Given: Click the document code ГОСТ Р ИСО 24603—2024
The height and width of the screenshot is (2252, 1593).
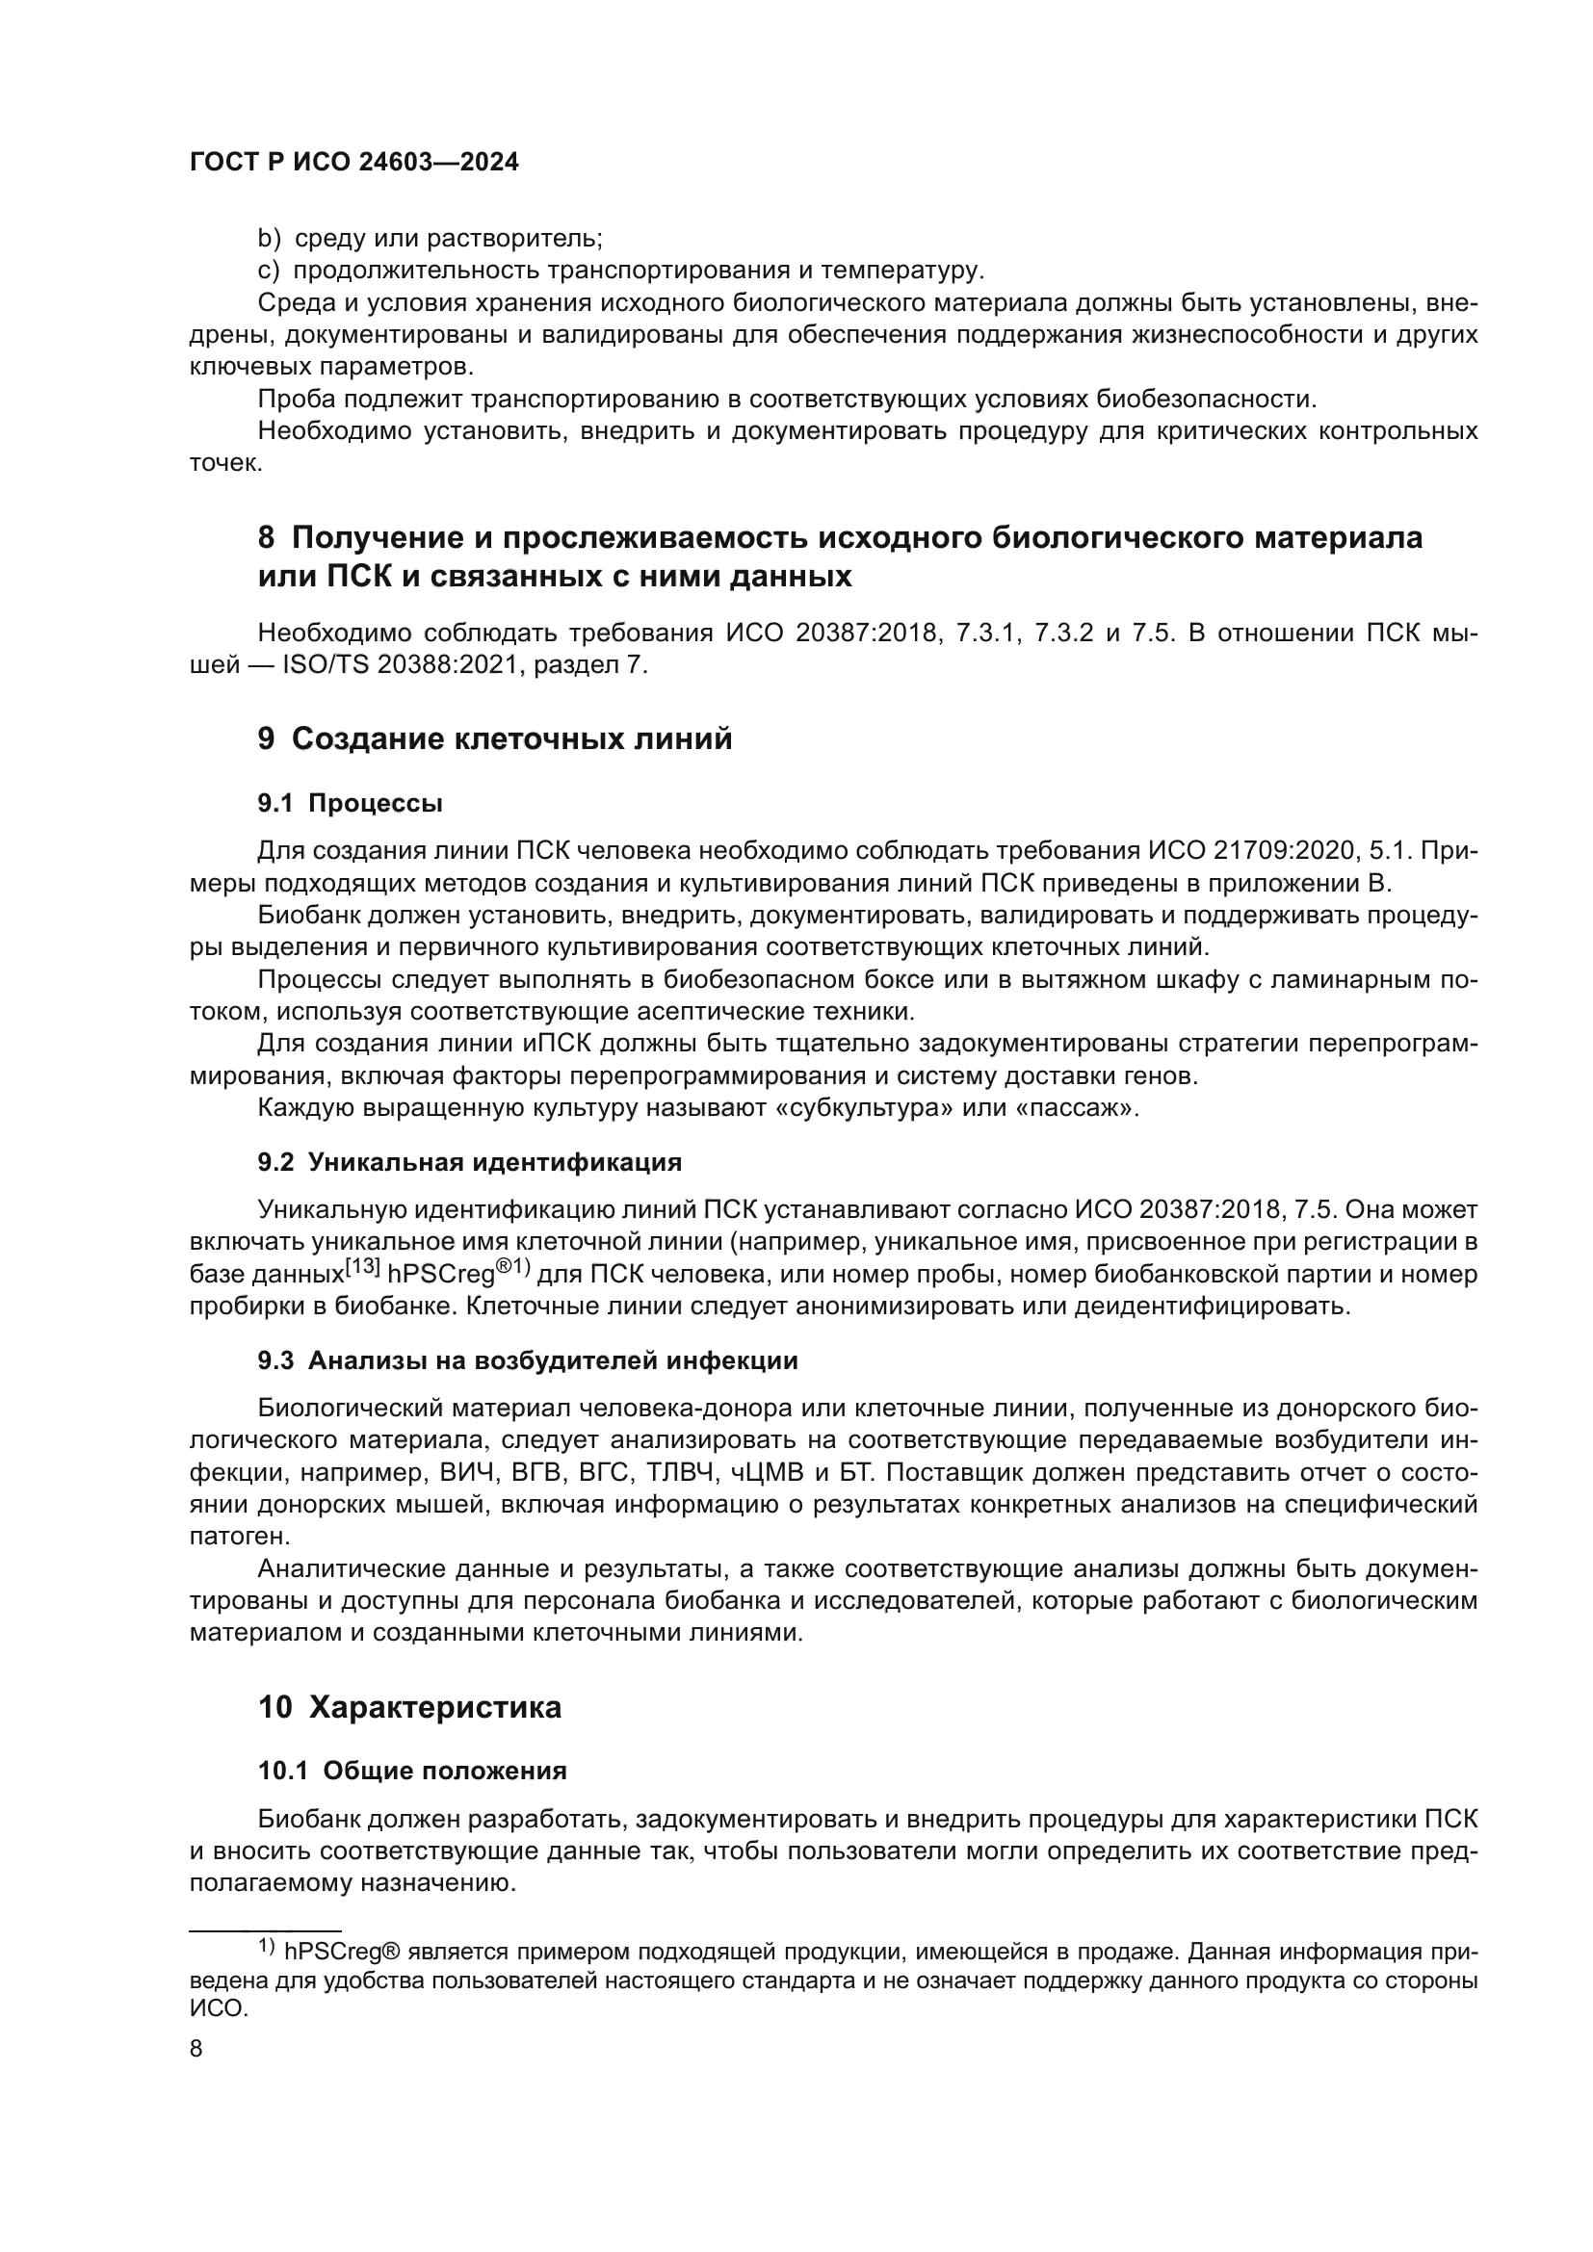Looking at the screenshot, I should [353, 163].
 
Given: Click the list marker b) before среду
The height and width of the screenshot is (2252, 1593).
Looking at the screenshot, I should [269, 239].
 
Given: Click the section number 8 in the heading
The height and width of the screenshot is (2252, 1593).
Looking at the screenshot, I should [267, 537].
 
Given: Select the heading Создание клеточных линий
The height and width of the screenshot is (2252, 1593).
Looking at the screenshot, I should [511, 738].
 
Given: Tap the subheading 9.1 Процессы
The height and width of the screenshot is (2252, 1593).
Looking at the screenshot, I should [351, 803].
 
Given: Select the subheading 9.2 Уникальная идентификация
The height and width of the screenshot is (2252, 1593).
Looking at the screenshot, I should [469, 1162].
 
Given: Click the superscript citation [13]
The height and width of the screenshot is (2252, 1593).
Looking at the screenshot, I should [362, 1266].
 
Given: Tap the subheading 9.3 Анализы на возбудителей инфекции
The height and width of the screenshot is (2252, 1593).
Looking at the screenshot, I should [528, 1360].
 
